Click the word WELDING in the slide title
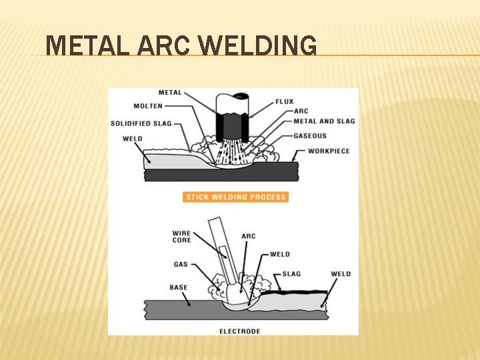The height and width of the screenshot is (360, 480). pyautogui.click(x=258, y=47)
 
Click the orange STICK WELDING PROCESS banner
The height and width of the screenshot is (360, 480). pyautogui.click(x=235, y=197)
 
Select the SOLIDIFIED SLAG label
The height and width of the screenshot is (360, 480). pyautogui.click(x=141, y=123)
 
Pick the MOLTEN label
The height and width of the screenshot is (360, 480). pyautogui.click(x=148, y=106)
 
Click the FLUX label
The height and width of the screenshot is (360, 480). pyautogui.click(x=285, y=102)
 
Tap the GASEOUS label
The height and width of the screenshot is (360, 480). pyautogui.click(x=311, y=136)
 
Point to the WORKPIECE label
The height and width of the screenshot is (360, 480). pyautogui.click(x=329, y=151)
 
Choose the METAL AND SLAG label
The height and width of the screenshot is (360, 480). pyautogui.click(x=325, y=121)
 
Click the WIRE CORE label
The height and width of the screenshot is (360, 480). pyautogui.click(x=181, y=237)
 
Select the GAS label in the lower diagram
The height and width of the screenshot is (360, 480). pyautogui.click(x=181, y=265)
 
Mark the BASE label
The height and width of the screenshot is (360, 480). pyautogui.click(x=179, y=288)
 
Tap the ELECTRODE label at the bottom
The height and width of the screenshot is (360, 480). pyautogui.click(x=240, y=331)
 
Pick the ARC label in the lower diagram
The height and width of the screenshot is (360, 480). pyautogui.click(x=249, y=236)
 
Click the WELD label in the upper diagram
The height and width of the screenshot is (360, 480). pyautogui.click(x=133, y=139)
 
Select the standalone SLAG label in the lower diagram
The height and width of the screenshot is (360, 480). pyautogui.click(x=292, y=274)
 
